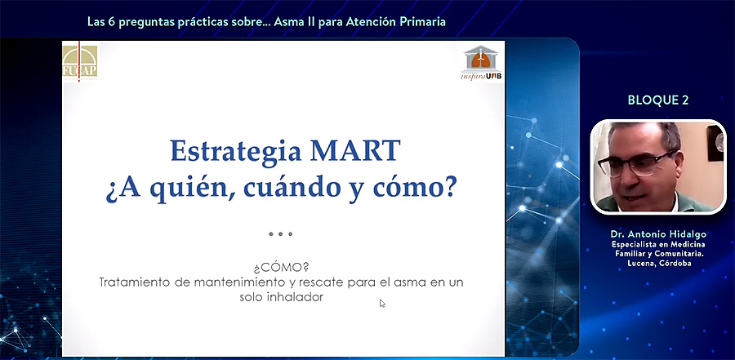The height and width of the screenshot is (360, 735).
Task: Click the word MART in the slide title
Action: click(356, 150)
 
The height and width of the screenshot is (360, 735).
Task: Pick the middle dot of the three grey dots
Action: click(280, 234)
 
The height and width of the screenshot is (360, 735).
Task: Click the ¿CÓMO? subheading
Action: click(281, 268)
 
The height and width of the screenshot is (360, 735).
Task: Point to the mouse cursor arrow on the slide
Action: click(382, 303)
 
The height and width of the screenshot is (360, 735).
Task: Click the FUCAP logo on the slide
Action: click(80, 62)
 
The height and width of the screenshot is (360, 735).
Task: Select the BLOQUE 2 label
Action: click(658, 100)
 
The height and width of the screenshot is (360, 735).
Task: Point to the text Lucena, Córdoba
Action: click(658, 264)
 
